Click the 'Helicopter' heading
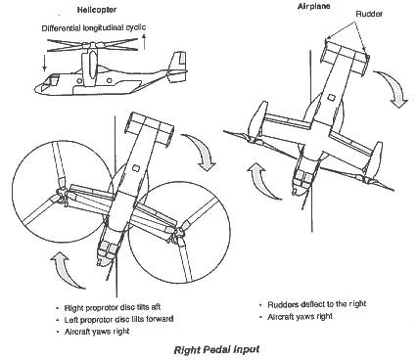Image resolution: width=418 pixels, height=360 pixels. pyautogui.click(x=97, y=10)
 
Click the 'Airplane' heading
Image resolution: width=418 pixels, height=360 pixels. pyautogui.click(x=313, y=6)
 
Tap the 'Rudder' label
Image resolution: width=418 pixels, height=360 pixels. pyautogui.click(x=369, y=14)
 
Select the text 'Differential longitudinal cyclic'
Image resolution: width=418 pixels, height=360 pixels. pyautogui.click(x=94, y=27)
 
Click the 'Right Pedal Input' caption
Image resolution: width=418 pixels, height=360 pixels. pyautogui.click(x=216, y=350)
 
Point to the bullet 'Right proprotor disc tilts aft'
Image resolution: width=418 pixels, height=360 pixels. pyautogui.click(x=113, y=307)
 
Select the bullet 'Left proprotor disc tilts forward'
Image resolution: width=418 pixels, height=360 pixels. pyautogui.click(x=118, y=319)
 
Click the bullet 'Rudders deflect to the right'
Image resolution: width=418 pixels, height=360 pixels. pyautogui.click(x=317, y=304)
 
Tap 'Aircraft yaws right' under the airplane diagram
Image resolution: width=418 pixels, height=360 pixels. pyautogui.click(x=300, y=316)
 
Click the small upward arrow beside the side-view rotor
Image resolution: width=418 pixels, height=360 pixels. pyautogui.click(x=144, y=43)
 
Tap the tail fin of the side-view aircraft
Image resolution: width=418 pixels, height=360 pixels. pyautogui.click(x=178, y=65)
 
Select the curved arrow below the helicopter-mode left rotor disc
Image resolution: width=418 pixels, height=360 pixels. pyautogui.click(x=66, y=270)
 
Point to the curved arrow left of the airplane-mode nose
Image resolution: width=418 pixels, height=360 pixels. pyautogui.click(x=262, y=181)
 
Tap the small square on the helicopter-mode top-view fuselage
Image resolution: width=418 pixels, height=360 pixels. pyautogui.click(x=136, y=168)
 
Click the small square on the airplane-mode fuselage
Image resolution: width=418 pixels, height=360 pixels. pyautogui.click(x=331, y=97)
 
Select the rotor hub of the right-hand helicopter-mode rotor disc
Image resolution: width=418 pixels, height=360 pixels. pyautogui.click(x=178, y=233)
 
